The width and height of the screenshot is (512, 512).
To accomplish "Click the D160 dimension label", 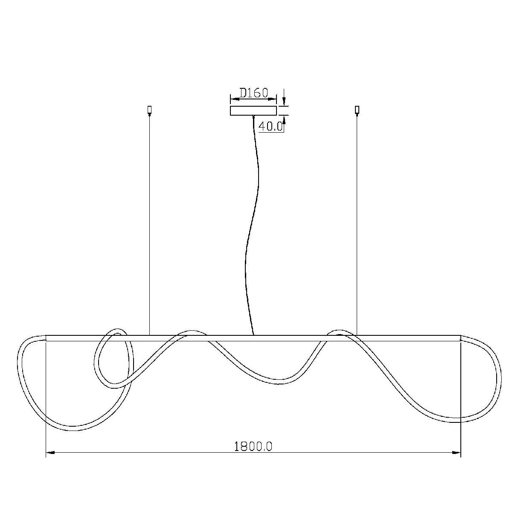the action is tap(254, 93).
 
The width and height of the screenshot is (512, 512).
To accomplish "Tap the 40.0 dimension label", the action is tap(270, 126).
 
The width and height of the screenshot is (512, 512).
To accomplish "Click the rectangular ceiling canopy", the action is tap(253, 111).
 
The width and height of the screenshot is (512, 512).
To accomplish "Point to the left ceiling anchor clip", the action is tap(150, 110).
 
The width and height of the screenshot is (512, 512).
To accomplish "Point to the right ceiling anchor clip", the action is tap(357, 110).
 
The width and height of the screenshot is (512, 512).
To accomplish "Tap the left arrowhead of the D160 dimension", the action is tap(234, 99).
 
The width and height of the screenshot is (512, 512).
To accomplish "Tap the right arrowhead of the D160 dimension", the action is tap(272, 99).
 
